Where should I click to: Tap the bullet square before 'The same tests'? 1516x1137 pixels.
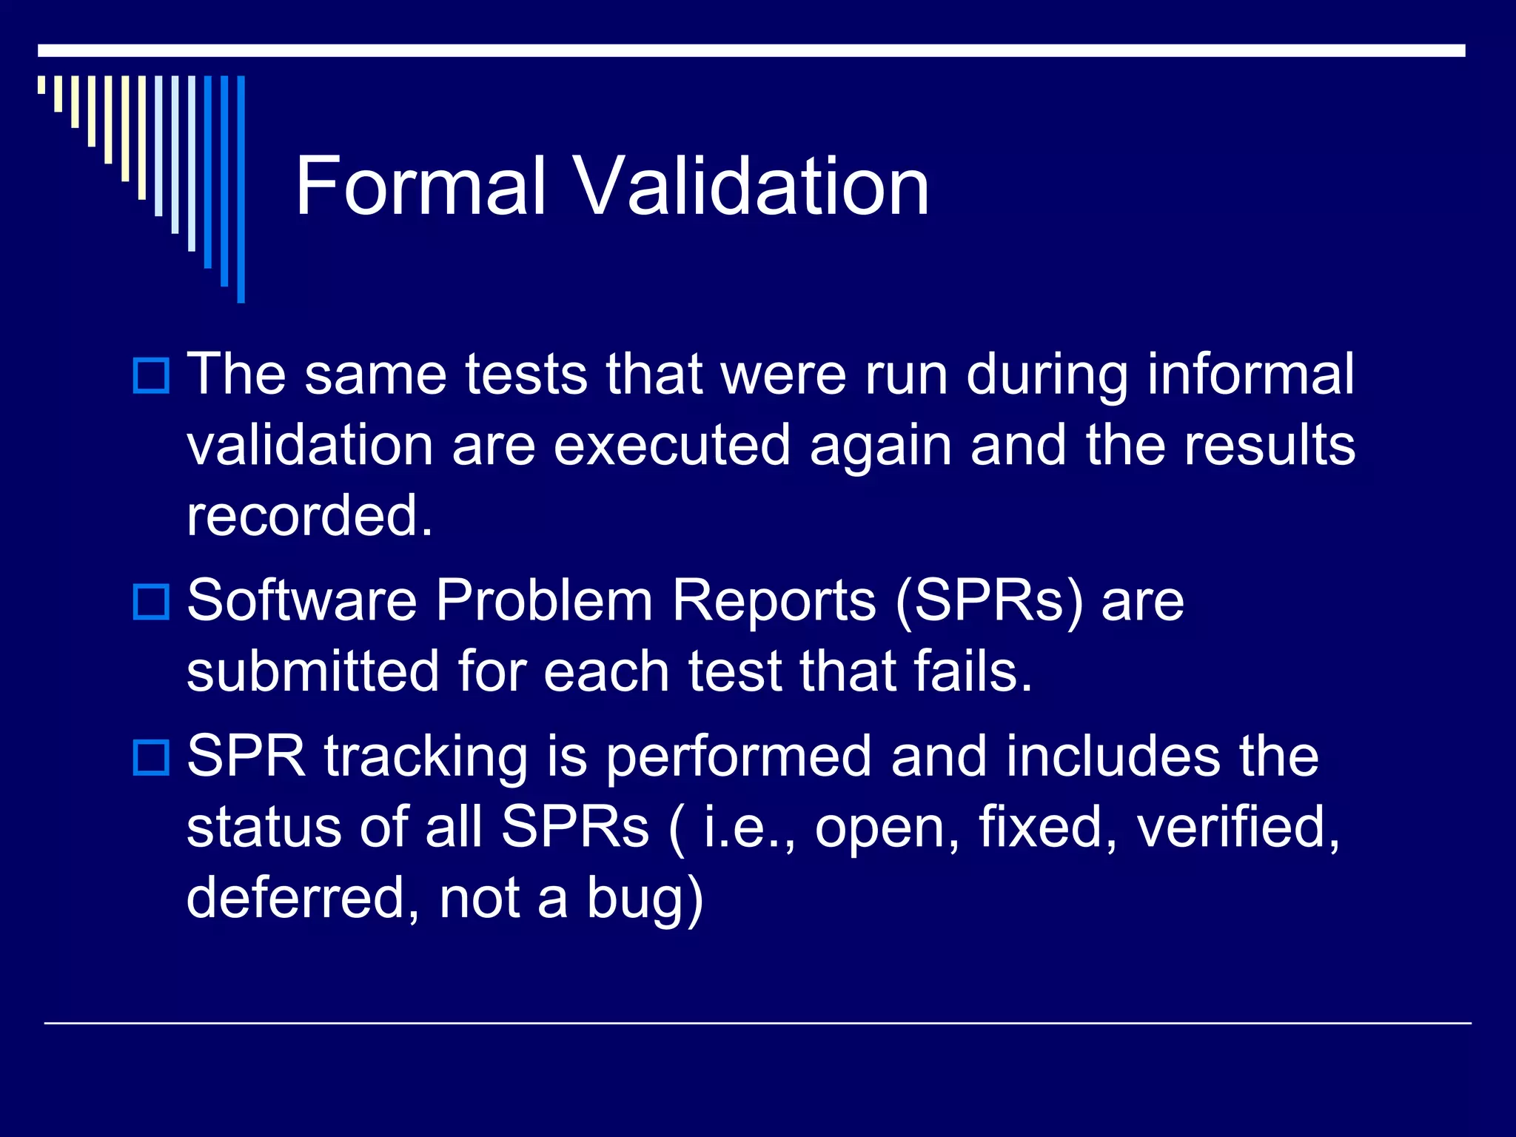(151, 375)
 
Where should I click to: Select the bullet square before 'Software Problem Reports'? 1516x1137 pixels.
(151, 601)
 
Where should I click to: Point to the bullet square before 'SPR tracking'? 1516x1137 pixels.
(151, 757)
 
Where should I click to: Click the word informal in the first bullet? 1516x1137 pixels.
(1250, 375)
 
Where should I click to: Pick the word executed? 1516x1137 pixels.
(672, 446)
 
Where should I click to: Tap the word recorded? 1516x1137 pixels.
(309, 516)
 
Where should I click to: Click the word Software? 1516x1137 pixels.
(302, 600)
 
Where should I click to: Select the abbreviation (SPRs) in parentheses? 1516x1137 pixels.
(989, 602)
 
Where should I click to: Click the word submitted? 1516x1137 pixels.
(313, 671)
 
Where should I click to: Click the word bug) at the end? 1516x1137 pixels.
(645, 899)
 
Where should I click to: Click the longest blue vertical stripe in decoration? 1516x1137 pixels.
(241, 189)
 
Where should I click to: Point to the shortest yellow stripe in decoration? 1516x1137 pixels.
(41, 84)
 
